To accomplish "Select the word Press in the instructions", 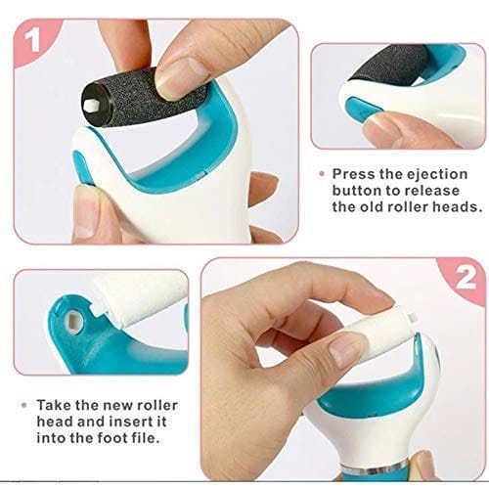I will (x=356, y=171).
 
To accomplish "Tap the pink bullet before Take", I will (x=22, y=403).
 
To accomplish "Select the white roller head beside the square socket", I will (x=137, y=298).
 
